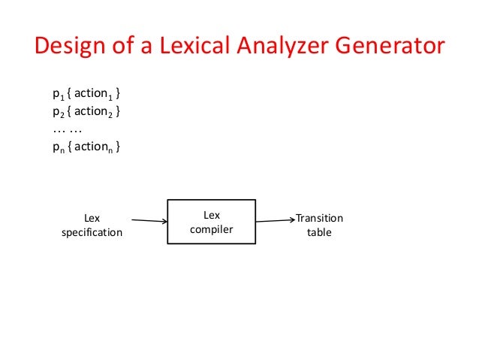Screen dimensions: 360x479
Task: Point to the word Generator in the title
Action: [x=390, y=47]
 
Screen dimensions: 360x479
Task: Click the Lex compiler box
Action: [x=211, y=222]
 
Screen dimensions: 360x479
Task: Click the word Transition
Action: [x=319, y=219]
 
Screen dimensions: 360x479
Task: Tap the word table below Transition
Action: [x=319, y=232]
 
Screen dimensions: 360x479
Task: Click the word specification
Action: [x=91, y=232]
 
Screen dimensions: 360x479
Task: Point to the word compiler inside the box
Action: [x=211, y=229]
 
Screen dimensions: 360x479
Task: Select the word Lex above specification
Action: [x=91, y=219]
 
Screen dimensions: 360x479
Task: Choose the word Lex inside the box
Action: [x=211, y=216]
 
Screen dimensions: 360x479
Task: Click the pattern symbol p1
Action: [x=56, y=95]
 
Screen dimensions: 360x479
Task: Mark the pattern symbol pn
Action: [x=56, y=148]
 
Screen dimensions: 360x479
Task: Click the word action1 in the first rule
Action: [x=92, y=95]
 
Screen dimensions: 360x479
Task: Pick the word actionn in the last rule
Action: [x=92, y=148]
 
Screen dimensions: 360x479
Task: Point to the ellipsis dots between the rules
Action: [x=66, y=130]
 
